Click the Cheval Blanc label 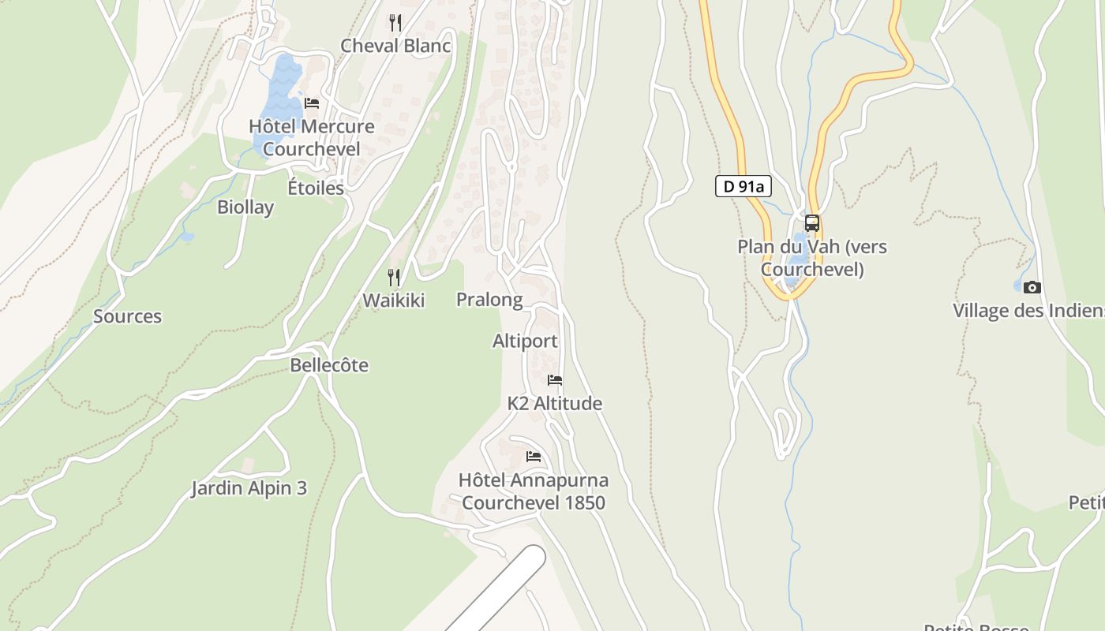point(395,46)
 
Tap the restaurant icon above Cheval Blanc point(395,22)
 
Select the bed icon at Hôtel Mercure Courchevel point(312,103)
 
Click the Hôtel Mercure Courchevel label point(312,137)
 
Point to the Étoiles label point(316,188)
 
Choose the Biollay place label point(245,207)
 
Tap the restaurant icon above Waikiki point(393,277)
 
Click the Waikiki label point(393,301)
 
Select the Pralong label point(489,300)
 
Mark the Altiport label point(525,342)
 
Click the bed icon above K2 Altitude point(555,380)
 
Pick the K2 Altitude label point(554,404)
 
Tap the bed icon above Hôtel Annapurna point(534,457)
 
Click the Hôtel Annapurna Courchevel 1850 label point(534,491)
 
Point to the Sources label point(127,316)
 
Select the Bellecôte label point(329,365)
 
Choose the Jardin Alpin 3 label point(249,488)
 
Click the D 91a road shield point(743,186)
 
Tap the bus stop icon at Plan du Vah point(811,223)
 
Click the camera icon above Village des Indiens point(1032,287)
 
